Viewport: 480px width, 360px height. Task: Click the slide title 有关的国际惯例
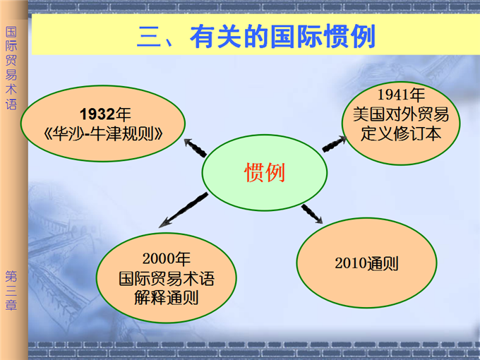pyautogui.click(x=283, y=37)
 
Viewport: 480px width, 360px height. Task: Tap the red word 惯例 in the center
pyautogui.click(x=265, y=172)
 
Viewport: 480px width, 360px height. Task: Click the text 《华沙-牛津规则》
pyautogui.click(x=104, y=134)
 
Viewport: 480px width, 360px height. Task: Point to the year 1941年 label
pyautogui.click(x=401, y=95)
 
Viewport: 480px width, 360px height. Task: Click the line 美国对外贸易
pyautogui.click(x=401, y=114)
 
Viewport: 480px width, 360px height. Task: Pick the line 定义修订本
pyautogui.click(x=401, y=134)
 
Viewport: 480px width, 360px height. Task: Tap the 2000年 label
pyautogui.click(x=166, y=258)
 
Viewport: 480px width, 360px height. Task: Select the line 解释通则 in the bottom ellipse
pyautogui.click(x=166, y=298)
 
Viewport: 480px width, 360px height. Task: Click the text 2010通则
pyautogui.click(x=366, y=263)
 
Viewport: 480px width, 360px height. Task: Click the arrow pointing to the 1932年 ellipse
pyautogui.click(x=196, y=148)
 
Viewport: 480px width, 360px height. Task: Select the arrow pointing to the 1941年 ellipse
pyautogui.click(x=335, y=143)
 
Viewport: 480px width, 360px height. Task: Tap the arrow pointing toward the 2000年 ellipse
pyautogui.click(x=183, y=210)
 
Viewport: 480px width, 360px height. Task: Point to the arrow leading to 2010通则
pyautogui.click(x=312, y=214)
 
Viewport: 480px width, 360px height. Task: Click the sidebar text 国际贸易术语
pyautogui.click(x=11, y=68)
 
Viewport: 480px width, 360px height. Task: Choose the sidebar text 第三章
pyautogui.click(x=11, y=291)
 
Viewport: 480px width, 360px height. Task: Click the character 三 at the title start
pyautogui.click(x=149, y=37)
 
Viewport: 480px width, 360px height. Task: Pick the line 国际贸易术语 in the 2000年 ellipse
pyautogui.click(x=166, y=278)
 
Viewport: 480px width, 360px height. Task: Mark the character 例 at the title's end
pyautogui.click(x=363, y=37)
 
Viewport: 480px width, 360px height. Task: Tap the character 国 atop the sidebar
pyautogui.click(x=11, y=32)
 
